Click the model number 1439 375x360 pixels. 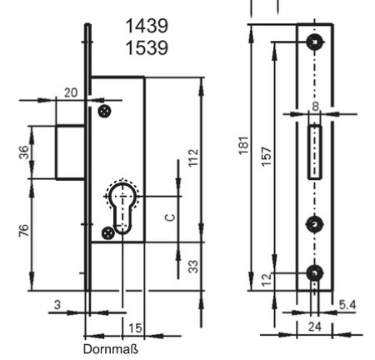coord(147,26)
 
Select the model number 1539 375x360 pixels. coord(147,47)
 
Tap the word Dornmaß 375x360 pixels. coord(111,349)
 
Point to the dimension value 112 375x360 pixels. coord(193,157)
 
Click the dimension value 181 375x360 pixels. coord(243,145)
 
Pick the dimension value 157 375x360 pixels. coord(266,157)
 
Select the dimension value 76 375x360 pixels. coord(23,230)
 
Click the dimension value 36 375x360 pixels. coord(24,152)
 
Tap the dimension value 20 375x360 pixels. coord(71,92)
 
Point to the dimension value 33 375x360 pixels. coord(193,267)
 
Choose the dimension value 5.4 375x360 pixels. coord(347,305)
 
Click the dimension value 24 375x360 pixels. coord(315,327)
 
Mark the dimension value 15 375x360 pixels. coord(135,328)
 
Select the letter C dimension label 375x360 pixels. coord(170,217)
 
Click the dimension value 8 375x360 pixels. coord(316,107)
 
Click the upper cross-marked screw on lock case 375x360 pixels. coord(105,112)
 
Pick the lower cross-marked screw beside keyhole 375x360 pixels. coord(108,233)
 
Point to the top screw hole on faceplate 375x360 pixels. coord(315,42)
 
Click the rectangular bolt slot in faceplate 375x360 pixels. coord(315,152)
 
